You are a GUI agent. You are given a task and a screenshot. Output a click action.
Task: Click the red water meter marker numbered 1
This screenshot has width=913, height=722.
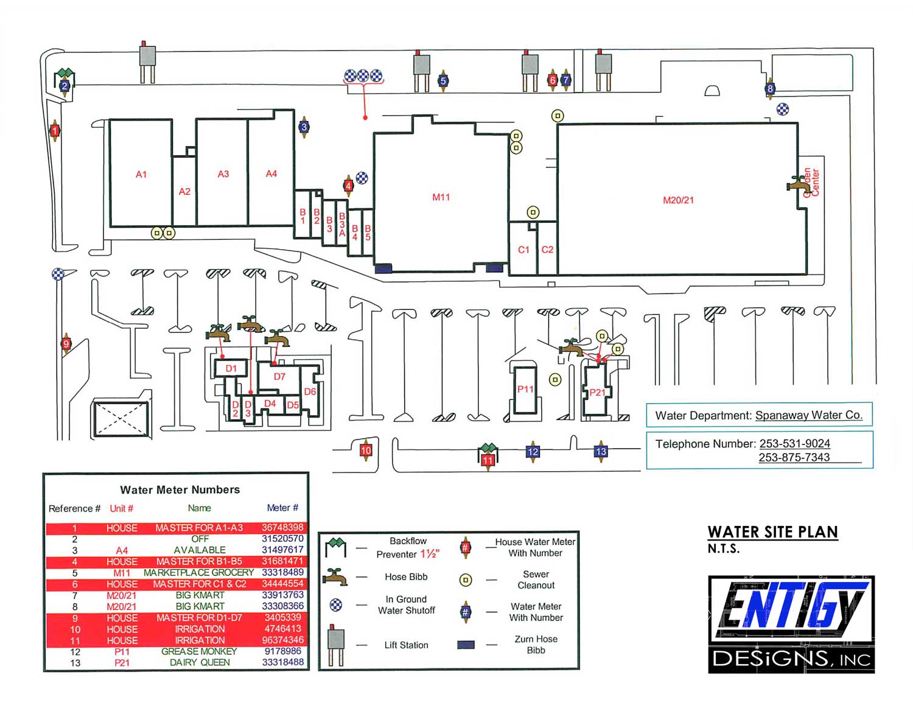click(x=54, y=131)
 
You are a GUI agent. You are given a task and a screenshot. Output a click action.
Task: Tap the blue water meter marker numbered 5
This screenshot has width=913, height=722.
click(x=443, y=80)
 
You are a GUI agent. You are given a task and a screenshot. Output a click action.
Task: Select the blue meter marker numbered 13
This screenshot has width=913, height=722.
click(x=600, y=451)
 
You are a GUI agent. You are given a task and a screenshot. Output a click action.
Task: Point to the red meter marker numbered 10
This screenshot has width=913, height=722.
click(x=366, y=450)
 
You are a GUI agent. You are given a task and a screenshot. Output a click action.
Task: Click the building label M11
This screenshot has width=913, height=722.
click(x=441, y=197)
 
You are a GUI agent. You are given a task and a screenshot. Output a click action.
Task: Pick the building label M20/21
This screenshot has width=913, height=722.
click(x=678, y=200)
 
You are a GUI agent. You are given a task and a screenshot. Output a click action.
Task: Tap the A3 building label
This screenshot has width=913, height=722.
click(x=223, y=174)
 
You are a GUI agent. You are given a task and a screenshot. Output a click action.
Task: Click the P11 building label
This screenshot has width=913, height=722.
click(x=525, y=389)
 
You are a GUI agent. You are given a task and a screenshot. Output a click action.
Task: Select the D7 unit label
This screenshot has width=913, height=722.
click(x=279, y=376)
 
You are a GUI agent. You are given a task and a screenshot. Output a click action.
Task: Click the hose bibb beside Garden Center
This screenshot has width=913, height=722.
click(x=797, y=184)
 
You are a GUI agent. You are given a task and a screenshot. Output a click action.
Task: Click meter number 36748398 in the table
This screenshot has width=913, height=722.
click(x=282, y=528)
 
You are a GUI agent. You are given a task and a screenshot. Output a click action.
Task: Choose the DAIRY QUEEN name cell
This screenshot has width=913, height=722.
click(x=200, y=662)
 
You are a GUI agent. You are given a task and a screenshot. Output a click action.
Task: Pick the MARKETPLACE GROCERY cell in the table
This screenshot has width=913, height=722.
click(x=198, y=573)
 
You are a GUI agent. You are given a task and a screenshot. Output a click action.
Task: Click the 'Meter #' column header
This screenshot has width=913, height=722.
click(x=282, y=508)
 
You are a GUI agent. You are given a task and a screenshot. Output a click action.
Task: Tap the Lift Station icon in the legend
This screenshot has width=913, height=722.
click(x=335, y=645)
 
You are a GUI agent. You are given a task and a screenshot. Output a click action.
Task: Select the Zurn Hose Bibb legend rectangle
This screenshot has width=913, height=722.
click(x=466, y=645)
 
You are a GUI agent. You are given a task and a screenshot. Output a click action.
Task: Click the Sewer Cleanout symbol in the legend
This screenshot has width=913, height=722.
click(x=466, y=580)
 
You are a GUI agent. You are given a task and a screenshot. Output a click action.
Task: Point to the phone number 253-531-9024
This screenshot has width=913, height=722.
click(x=794, y=444)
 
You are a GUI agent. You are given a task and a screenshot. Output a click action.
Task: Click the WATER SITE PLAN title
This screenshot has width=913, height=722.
click(x=772, y=532)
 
